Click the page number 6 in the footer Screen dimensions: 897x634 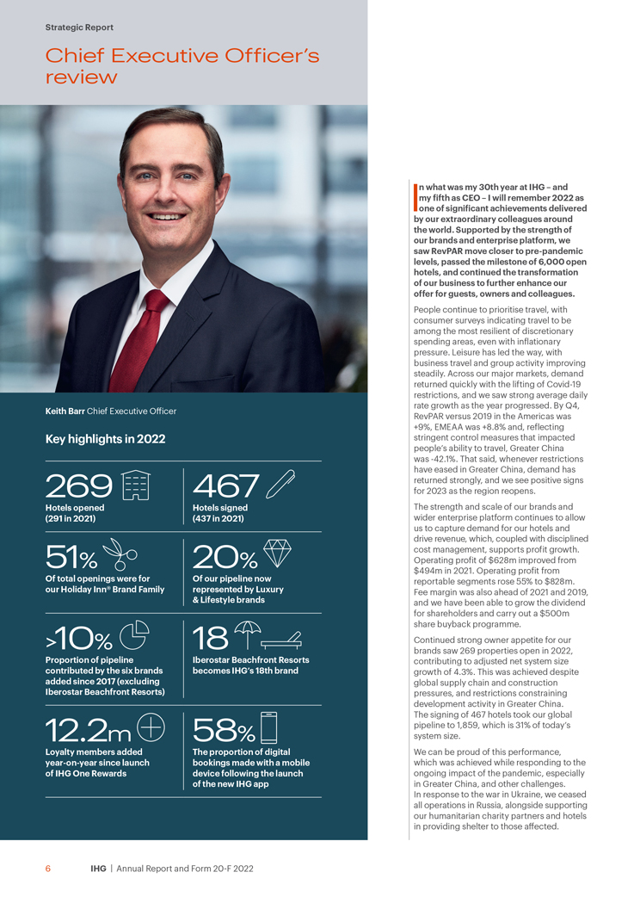48,869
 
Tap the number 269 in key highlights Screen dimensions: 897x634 79,487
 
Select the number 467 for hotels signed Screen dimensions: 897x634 225,487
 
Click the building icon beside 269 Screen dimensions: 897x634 137,485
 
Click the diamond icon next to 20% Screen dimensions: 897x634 277,553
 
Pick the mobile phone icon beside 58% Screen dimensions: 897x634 268,728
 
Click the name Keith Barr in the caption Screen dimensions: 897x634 65,411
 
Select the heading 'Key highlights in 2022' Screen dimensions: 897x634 105,439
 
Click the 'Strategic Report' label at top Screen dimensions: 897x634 79,28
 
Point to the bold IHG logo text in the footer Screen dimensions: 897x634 99,869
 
